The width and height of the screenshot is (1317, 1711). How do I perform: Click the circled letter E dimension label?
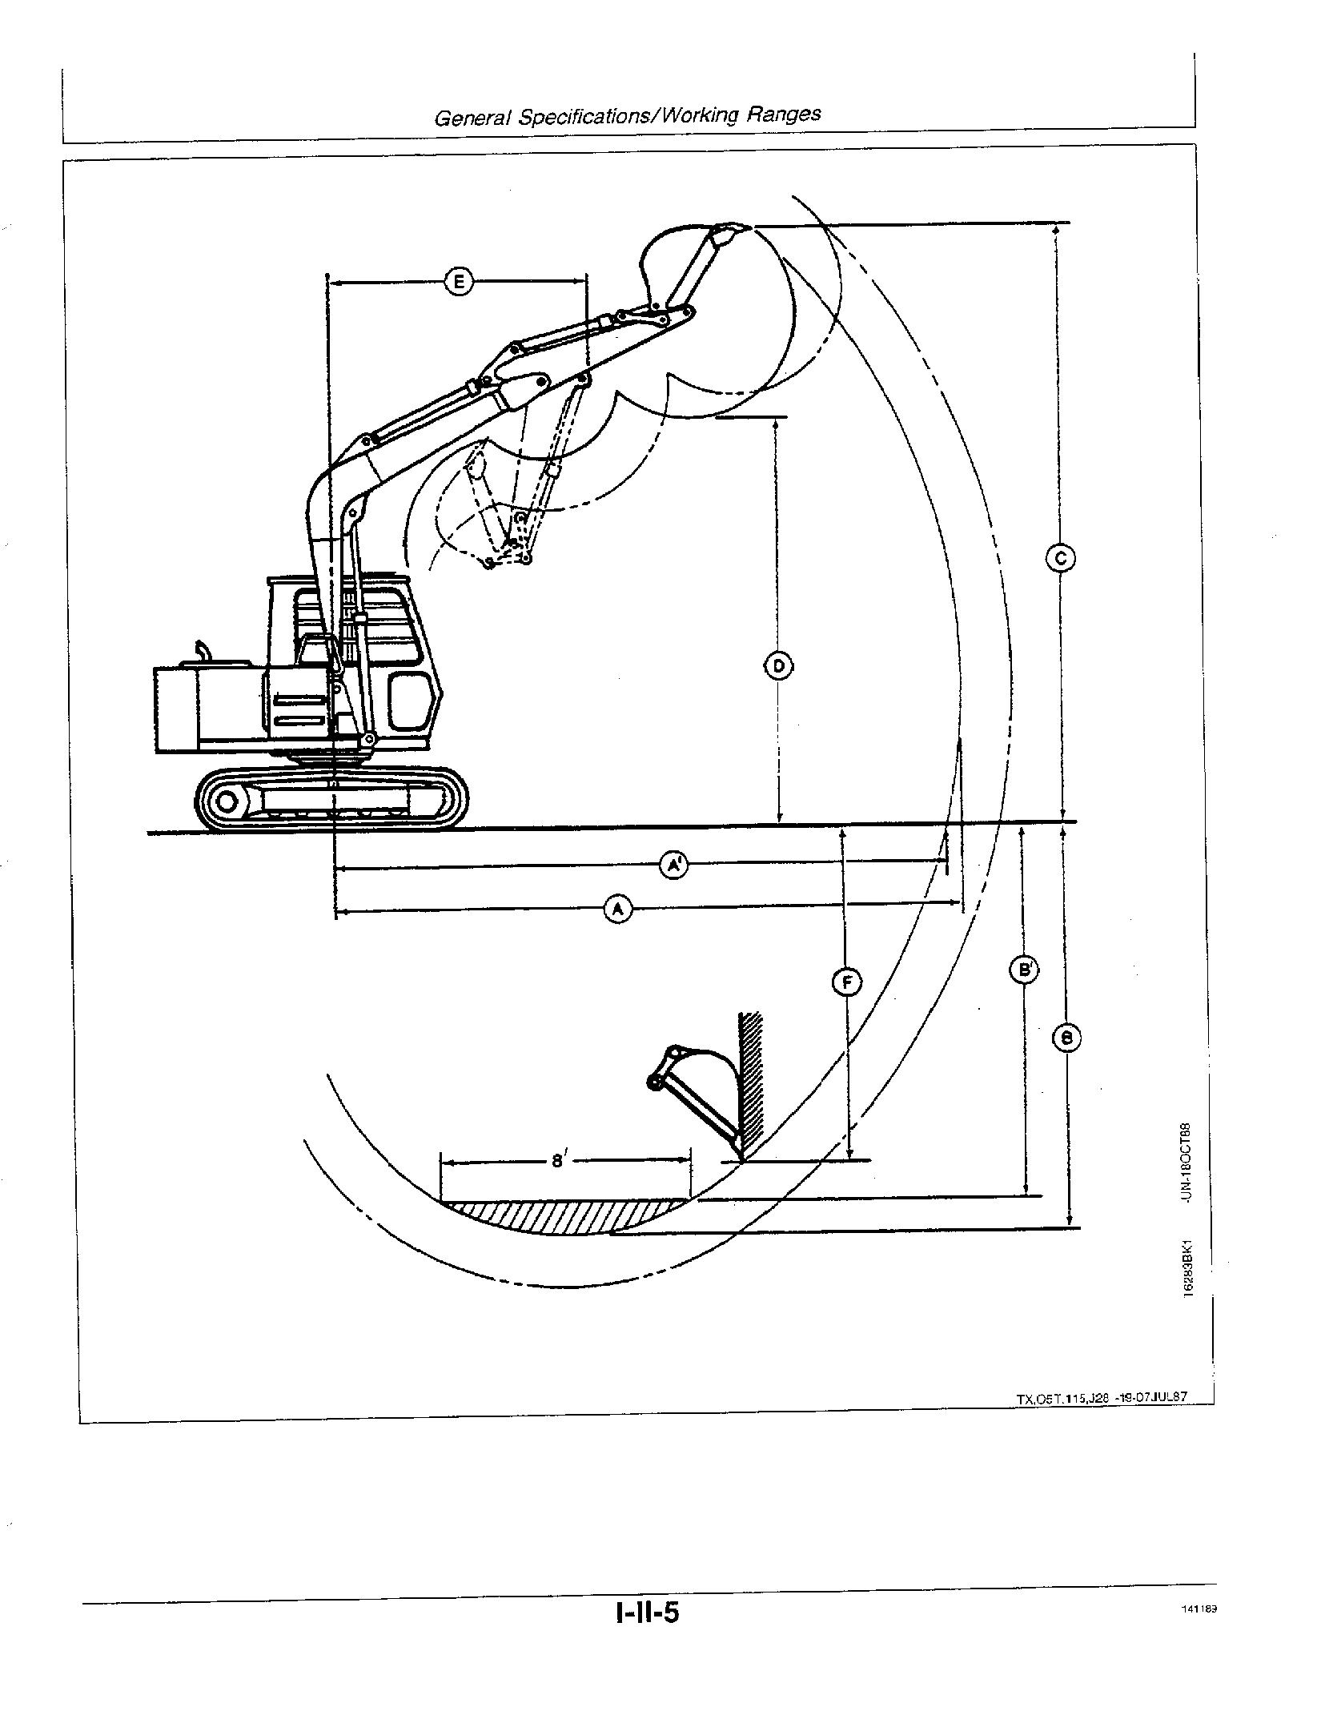click(x=459, y=282)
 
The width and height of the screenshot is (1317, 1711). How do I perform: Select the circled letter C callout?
click(x=1061, y=558)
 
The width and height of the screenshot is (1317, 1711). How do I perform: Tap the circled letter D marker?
click(x=778, y=665)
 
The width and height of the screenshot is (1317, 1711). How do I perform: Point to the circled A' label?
click(x=673, y=865)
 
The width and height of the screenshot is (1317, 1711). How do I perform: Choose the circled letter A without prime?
click(x=617, y=910)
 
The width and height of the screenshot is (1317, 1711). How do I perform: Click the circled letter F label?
click(x=847, y=982)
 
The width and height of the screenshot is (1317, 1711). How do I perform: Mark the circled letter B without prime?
click(x=1066, y=1038)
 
